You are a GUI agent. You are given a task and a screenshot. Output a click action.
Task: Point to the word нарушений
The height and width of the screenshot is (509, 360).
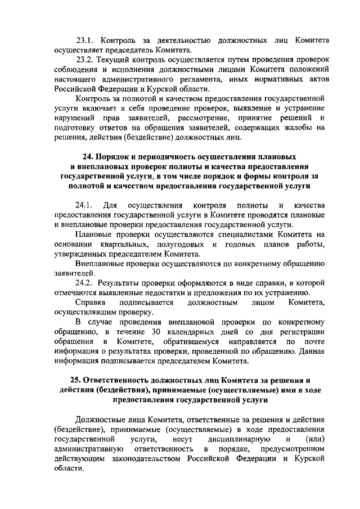(x=74, y=117)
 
